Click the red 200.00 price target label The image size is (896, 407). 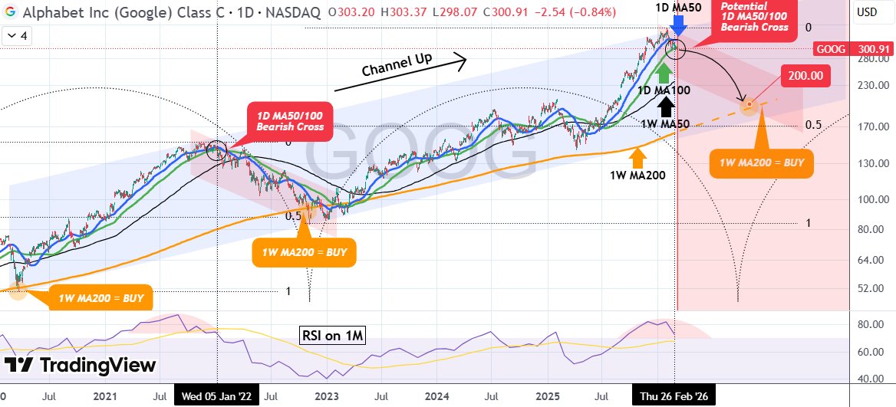pyautogui.click(x=806, y=76)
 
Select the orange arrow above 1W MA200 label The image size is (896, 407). pyautogui.click(x=637, y=156)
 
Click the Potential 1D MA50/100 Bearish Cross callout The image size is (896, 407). pyautogui.click(x=754, y=17)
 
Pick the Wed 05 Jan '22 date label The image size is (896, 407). pyautogui.click(x=217, y=397)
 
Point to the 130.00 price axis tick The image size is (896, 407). pyautogui.click(x=867, y=163)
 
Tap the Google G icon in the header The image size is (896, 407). pyautogui.click(x=11, y=12)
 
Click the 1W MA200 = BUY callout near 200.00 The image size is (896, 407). pyautogui.click(x=762, y=162)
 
